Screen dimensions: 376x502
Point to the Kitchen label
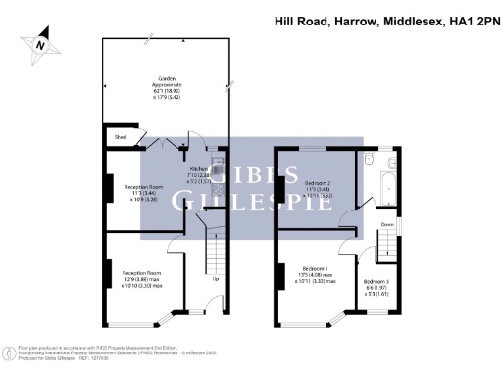pyautogui.click(x=200, y=168)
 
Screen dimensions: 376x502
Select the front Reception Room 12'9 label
pyautogui.click(x=140, y=272)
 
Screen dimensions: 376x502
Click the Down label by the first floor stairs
pyautogui.click(x=386, y=223)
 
